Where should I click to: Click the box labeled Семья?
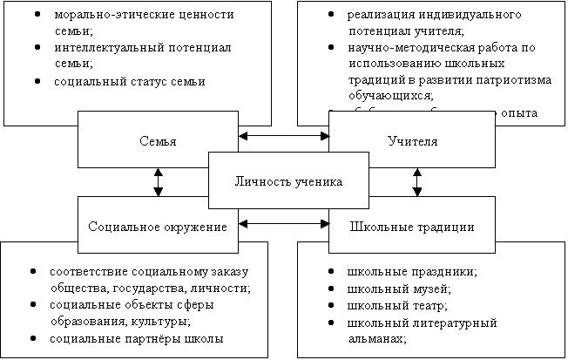pos(158,139)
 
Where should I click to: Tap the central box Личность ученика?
pos(288,180)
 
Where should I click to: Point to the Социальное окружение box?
pos(158,227)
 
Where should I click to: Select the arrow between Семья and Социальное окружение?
pos(158,181)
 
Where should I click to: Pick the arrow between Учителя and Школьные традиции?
pos(417,181)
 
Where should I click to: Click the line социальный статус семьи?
pos(128,81)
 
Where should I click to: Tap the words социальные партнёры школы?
pos(136,338)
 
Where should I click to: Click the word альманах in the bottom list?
pos(376,338)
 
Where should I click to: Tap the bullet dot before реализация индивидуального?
pos(334,16)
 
